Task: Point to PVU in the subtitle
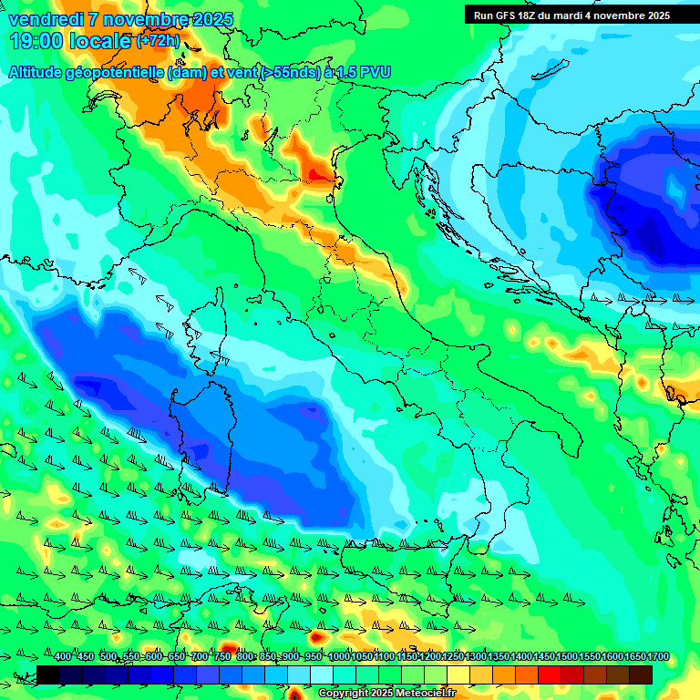pyautogui.click(x=375, y=72)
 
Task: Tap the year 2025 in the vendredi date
pyautogui.click(x=211, y=20)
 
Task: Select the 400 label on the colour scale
pyautogui.click(x=63, y=657)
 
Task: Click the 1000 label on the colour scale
pyautogui.click(x=339, y=657)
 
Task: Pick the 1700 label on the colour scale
pyautogui.click(x=635, y=657)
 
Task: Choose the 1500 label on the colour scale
pyautogui.click(x=544, y=657)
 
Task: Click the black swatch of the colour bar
pyautogui.click(x=49, y=674)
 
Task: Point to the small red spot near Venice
pyautogui.click(x=316, y=173)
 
